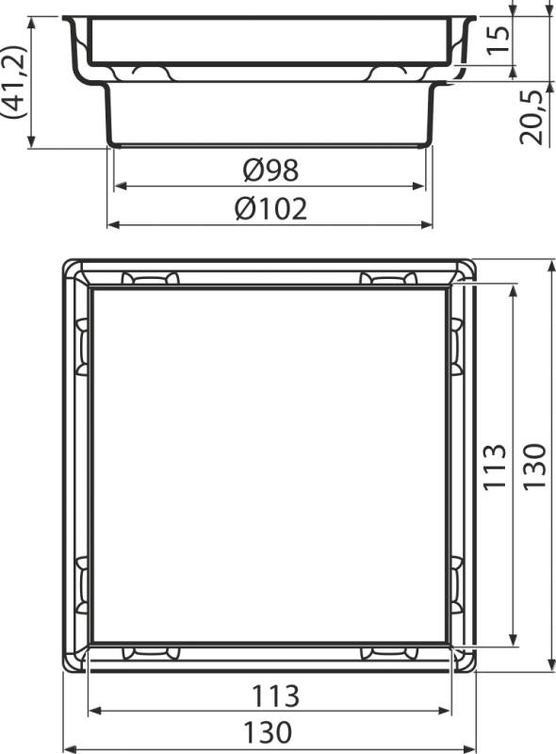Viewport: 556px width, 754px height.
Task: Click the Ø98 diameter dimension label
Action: point(270,170)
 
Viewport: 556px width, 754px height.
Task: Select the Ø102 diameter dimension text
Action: point(270,208)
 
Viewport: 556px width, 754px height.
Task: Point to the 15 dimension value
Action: point(500,39)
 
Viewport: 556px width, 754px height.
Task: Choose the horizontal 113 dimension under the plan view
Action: point(275,696)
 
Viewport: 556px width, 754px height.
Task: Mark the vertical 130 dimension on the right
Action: point(532,467)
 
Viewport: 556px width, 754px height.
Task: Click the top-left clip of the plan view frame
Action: point(150,279)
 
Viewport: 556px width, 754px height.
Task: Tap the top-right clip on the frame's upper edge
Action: point(387,279)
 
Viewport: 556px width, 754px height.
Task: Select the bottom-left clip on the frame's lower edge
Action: point(150,651)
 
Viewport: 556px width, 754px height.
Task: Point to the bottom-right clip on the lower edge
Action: point(387,651)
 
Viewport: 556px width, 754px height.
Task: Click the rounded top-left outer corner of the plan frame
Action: point(69,266)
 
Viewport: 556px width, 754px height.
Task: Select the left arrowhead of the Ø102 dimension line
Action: point(111,225)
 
